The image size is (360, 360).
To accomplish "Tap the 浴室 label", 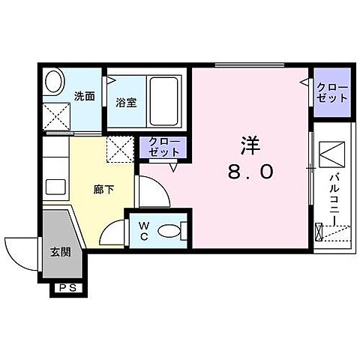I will tap(125, 103).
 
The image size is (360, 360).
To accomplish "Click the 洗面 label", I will tap(84, 96).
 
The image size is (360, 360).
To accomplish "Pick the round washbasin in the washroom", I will tap(54, 80).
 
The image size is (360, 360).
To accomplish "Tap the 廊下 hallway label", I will tap(103, 190).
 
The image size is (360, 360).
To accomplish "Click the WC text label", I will tap(143, 231).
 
